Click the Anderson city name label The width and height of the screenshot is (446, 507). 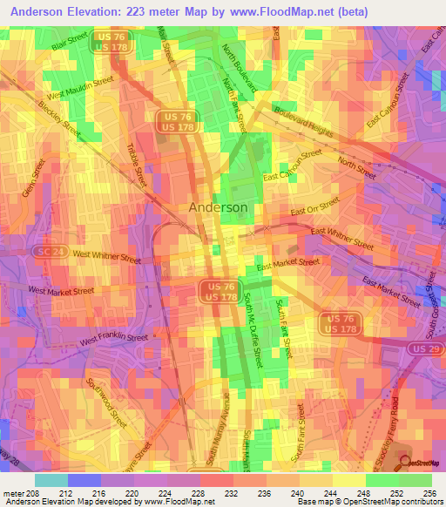(218, 207)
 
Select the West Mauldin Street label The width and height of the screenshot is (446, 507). (81, 87)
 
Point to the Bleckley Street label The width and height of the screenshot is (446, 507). (59, 121)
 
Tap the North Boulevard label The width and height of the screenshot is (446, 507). (241, 69)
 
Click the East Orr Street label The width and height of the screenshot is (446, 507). (314, 206)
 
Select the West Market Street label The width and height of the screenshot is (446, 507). (61, 290)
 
